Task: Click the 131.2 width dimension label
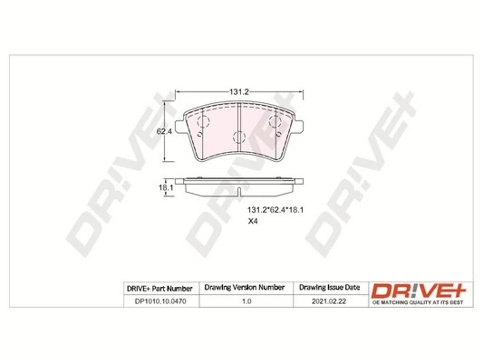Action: pos(237,92)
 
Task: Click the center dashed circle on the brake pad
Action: pos(238,138)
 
